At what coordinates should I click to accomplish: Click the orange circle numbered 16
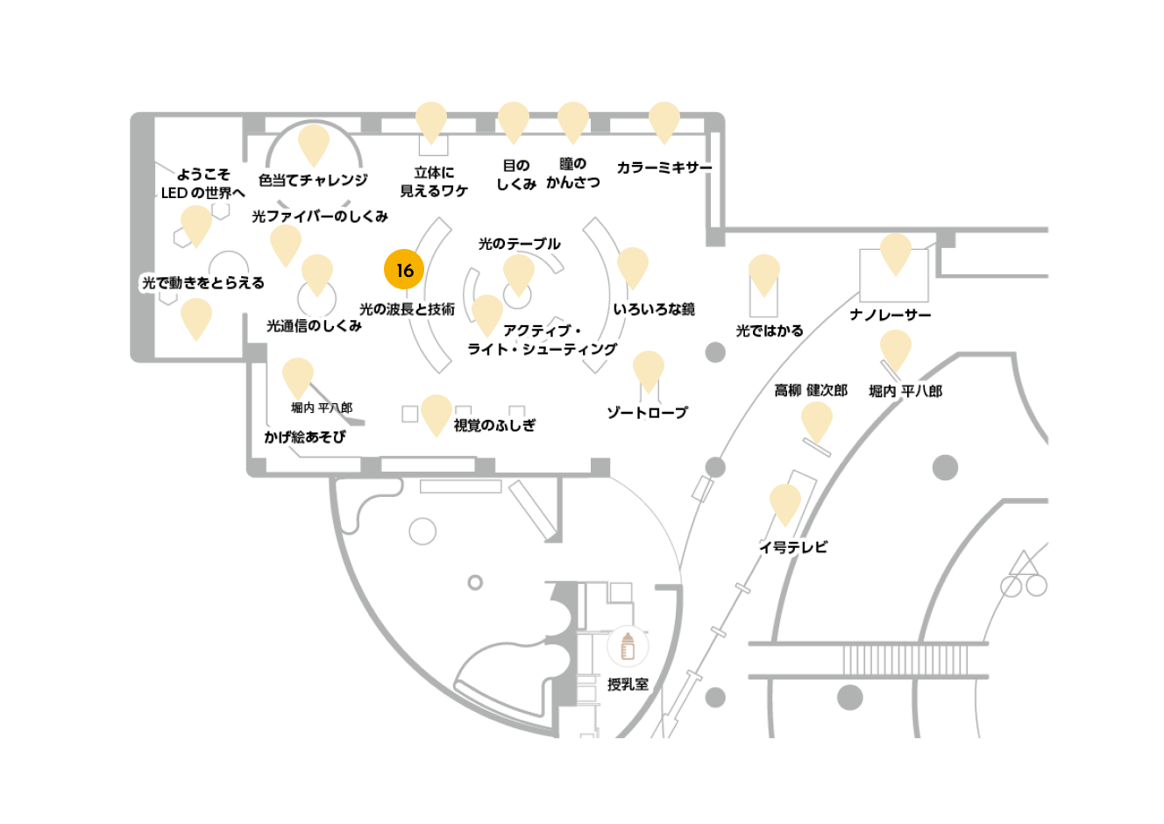pyautogui.click(x=404, y=269)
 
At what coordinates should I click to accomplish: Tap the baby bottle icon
pyautogui.click(x=628, y=646)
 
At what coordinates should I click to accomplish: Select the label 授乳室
pyautogui.click(x=628, y=684)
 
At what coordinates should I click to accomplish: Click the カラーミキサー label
pyautogui.click(x=664, y=167)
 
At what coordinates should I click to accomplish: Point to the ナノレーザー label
pyautogui.click(x=891, y=315)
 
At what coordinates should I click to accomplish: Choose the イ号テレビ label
pyautogui.click(x=793, y=547)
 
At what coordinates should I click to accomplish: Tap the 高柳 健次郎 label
pyautogui.click(x=811, y=390)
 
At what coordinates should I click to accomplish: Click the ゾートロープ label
pyautogui.click(x=647, y=413)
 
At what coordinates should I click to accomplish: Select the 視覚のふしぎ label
pyautogui.click(x=494, y=425)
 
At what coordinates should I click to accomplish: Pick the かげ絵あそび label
pyautogui.click(x=304, y=437)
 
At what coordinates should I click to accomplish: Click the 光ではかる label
pyautogui.click(x=769, y=330)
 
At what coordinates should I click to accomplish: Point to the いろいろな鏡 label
pyautogui.click(x=654, y=309)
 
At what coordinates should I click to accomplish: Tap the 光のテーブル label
pyautogui.click(x=519, y=244)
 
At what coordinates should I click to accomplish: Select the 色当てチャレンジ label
pyautogui.click(x=313, y=180)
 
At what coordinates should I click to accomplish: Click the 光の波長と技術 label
pyautogui.click(x=407, y=309)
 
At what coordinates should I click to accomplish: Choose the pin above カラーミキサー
pyautogui.click(x=664, y=121)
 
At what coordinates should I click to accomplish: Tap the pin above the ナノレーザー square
pyautogui.click(x=895, y=252)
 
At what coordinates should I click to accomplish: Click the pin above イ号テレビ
pyautogui.click(x=784, y=503)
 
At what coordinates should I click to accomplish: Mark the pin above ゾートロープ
pyautogui.click(x=648, y=369)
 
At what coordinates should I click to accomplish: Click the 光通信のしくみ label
pyautogui.click(x=314, y=326)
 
